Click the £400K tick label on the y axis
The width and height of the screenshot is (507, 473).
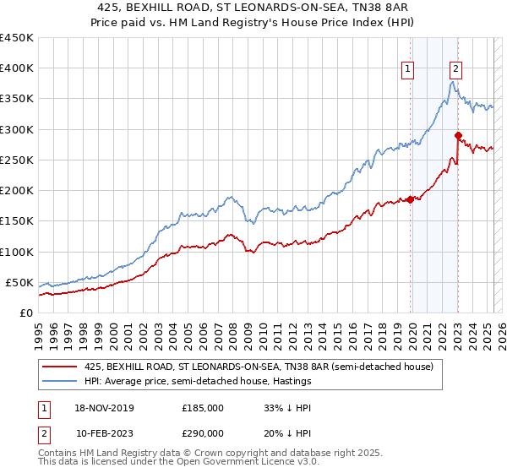pos(17,68)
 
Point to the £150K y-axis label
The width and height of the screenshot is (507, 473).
pos(17,221)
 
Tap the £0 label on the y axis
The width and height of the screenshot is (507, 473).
pos(26,313)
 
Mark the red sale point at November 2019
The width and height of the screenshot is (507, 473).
pos(410,199)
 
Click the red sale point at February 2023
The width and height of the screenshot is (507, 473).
pos(458,135)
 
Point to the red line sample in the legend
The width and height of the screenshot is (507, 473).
pos(60,367)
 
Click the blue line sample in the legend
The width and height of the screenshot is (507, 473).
pos(60,381)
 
